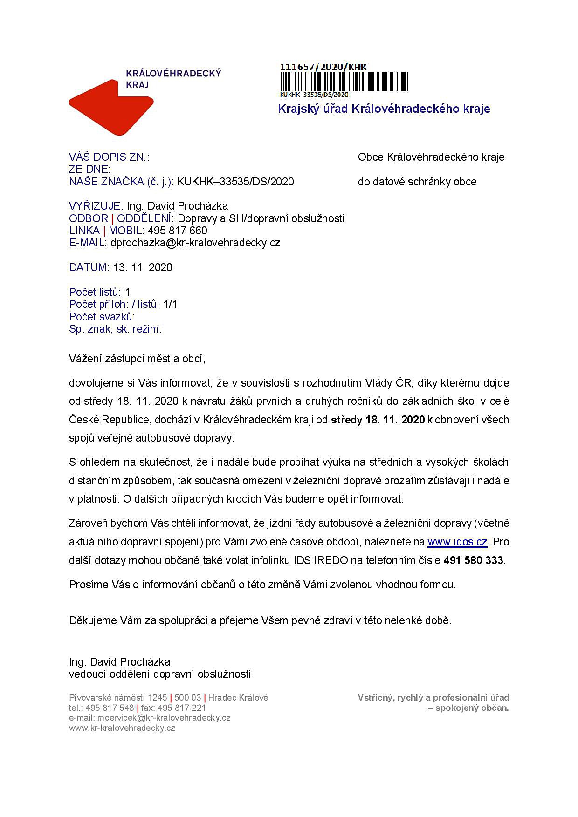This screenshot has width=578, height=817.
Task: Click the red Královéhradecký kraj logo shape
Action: coord(110,108)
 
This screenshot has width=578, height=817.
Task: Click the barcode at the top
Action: coord(344,82)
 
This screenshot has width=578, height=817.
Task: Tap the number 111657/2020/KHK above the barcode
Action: coord(323,67)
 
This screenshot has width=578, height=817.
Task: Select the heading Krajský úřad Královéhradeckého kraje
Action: coord(384,109)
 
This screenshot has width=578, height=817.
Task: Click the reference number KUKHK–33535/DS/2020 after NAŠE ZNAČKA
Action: coord(235,182)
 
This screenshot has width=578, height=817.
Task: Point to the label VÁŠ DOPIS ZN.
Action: coord(109,157)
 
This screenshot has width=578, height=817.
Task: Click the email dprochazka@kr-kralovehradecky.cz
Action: coord(195,243)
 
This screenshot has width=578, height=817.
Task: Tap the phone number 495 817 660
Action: coord(178,231)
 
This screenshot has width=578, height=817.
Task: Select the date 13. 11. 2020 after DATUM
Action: coord(143,267)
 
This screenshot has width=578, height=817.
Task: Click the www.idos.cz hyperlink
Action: coord(457,542)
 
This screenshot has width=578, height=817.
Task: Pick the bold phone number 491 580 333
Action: coord(473,560)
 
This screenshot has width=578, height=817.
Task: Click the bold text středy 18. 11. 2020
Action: coord(378,420)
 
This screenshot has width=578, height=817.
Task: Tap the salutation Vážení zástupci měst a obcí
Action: coord(137,359)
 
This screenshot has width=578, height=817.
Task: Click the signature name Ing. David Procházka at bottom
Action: coord(119,662)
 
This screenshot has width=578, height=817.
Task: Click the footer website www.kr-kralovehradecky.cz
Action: coord(122,728)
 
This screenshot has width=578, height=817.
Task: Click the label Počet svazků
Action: coord(102,317)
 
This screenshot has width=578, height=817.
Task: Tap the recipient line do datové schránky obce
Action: coord(417,182)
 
